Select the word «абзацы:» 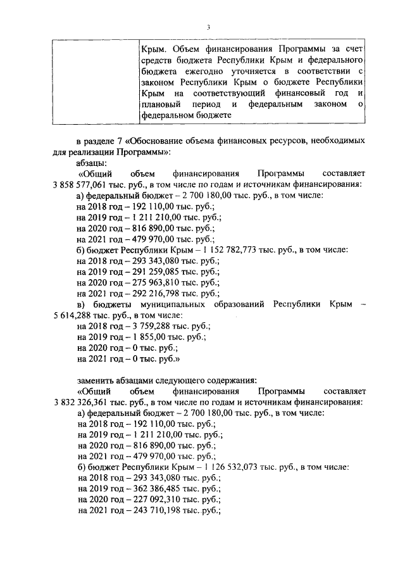(92, 162)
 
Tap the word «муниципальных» (183, 305)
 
